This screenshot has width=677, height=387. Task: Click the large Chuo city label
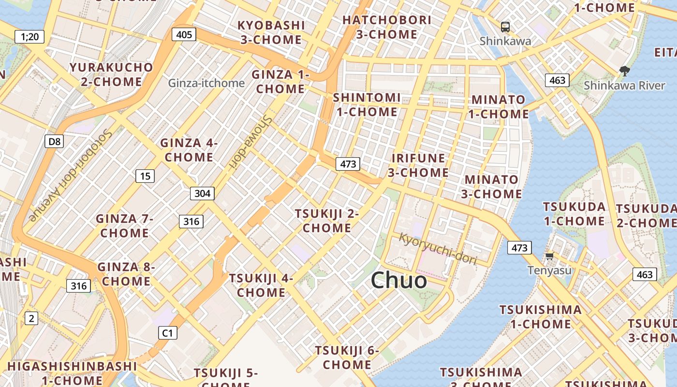coord(399,280)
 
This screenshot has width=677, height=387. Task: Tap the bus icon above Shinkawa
coord(505,27)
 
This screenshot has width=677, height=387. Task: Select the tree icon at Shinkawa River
coord(625,71)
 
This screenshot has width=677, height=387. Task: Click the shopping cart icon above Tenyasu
coord(549,256)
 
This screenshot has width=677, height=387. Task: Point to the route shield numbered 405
coord(184,34)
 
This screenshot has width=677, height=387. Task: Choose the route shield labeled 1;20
coord(29,36)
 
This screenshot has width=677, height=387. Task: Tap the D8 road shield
coord(55,141)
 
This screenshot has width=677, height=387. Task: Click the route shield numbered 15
coord(145,176)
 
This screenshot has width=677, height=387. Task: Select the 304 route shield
coord(202,193)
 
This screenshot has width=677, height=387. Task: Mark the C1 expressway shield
coord(167,333)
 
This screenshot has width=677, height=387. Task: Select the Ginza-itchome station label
coord(206,83)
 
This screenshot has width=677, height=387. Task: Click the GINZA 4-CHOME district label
coord(189,150)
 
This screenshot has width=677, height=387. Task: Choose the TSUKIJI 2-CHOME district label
coord(327,221)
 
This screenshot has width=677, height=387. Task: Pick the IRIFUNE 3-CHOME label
coord(418,165)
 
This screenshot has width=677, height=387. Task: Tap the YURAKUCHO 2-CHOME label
coord(111,74)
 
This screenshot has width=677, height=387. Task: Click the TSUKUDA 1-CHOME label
coord(574,214)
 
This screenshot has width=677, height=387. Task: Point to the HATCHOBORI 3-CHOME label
coord(387,27)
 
